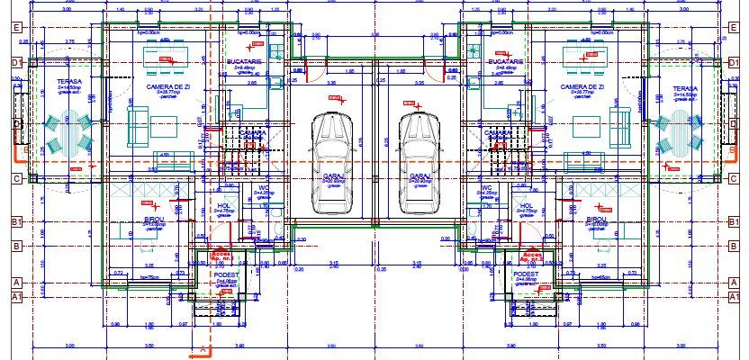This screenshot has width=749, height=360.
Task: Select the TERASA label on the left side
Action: [68, 80]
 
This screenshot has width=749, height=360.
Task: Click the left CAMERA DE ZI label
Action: [165, 87]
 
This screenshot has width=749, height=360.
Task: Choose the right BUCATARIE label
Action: [506, 61]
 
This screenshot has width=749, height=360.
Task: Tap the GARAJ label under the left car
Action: [332, 175]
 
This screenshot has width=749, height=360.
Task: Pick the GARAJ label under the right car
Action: [418, 175]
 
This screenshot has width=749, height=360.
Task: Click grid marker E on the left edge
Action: [15, 27]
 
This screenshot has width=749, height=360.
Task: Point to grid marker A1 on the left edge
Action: [15, 296]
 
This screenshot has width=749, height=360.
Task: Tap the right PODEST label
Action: [526, 274]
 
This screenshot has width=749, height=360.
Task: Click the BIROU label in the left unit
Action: [153, 219]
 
